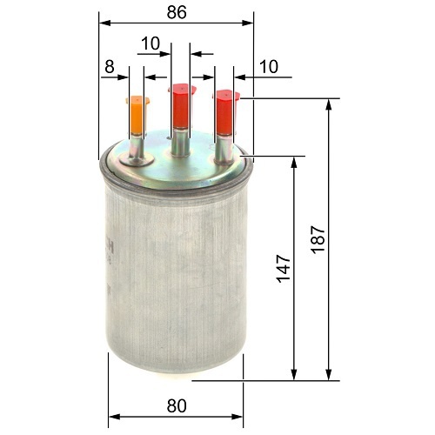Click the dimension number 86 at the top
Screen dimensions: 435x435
click(177, 12)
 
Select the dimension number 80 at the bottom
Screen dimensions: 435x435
click(177, 405)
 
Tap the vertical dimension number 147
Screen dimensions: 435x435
click(283, 269)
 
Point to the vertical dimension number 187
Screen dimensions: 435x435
click(318, 240)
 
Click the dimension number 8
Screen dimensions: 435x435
click(110, 67)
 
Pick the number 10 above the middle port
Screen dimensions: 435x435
click(151, 43)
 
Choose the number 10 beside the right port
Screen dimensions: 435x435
click(269, 67)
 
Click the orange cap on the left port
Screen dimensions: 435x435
click(137, 115)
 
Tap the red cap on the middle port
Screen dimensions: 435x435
click(182, 106)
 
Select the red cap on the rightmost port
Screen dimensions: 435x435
click(225, 112)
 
